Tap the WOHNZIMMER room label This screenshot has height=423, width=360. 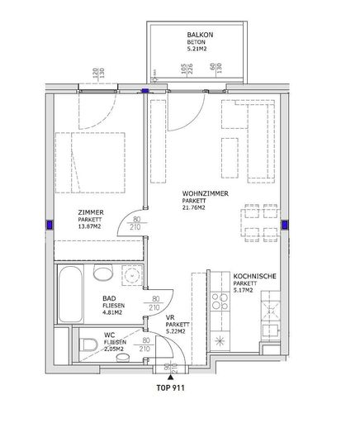tap(205, 193)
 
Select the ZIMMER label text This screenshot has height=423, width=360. tap(91, 212)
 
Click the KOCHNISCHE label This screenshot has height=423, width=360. tap(254, 276)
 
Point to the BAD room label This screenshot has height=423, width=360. tap(109, 298)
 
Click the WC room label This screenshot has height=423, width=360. tap(110, 335)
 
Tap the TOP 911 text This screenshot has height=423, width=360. tap(171, 388)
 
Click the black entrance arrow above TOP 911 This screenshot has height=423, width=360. tap(171, 378)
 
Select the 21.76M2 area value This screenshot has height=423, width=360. tap(193, 208)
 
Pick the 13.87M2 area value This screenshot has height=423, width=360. tap(89, 226)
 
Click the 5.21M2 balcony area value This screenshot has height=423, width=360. tap(197, 50)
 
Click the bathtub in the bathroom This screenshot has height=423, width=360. tap(70, 294)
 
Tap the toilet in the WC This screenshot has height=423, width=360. tap(88, 345)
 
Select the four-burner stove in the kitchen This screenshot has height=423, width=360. tap(220, 302)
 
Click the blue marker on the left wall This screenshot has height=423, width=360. tap(50, 225)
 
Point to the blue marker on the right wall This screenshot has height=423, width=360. tap(284, 225)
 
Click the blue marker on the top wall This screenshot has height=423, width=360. tap(144, 91)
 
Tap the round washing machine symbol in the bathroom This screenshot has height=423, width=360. tap(132, 274)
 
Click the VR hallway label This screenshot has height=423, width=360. tap(169, 318)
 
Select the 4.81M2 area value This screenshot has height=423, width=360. tap(112, 313)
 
